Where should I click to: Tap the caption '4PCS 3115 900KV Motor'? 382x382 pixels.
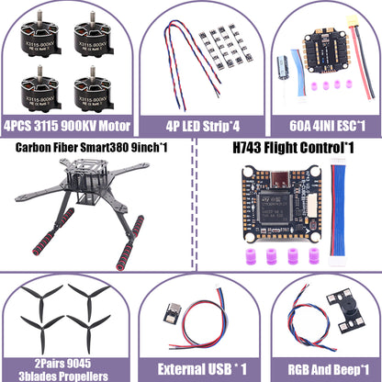66,125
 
